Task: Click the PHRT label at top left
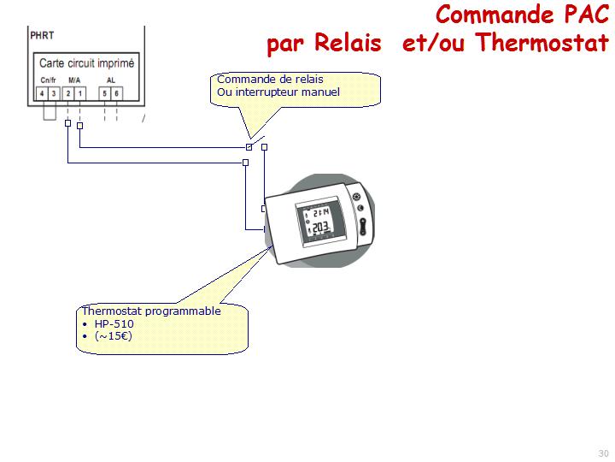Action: pos(42,36)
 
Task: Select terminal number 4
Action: pos(42,92)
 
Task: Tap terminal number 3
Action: pos(53,92)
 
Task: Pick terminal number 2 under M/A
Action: pos(67,92)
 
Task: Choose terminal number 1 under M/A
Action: pos(79,92)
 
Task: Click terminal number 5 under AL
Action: pos(104,92)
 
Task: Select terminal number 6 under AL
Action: pos(116,92)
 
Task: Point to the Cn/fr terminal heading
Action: pos(47,80)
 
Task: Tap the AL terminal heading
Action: pos(110,80)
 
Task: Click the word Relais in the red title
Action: pos(348,42)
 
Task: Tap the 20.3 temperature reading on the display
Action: pos(319,228)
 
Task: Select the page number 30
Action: pos(603,453)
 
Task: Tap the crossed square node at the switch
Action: pos(249,147)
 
